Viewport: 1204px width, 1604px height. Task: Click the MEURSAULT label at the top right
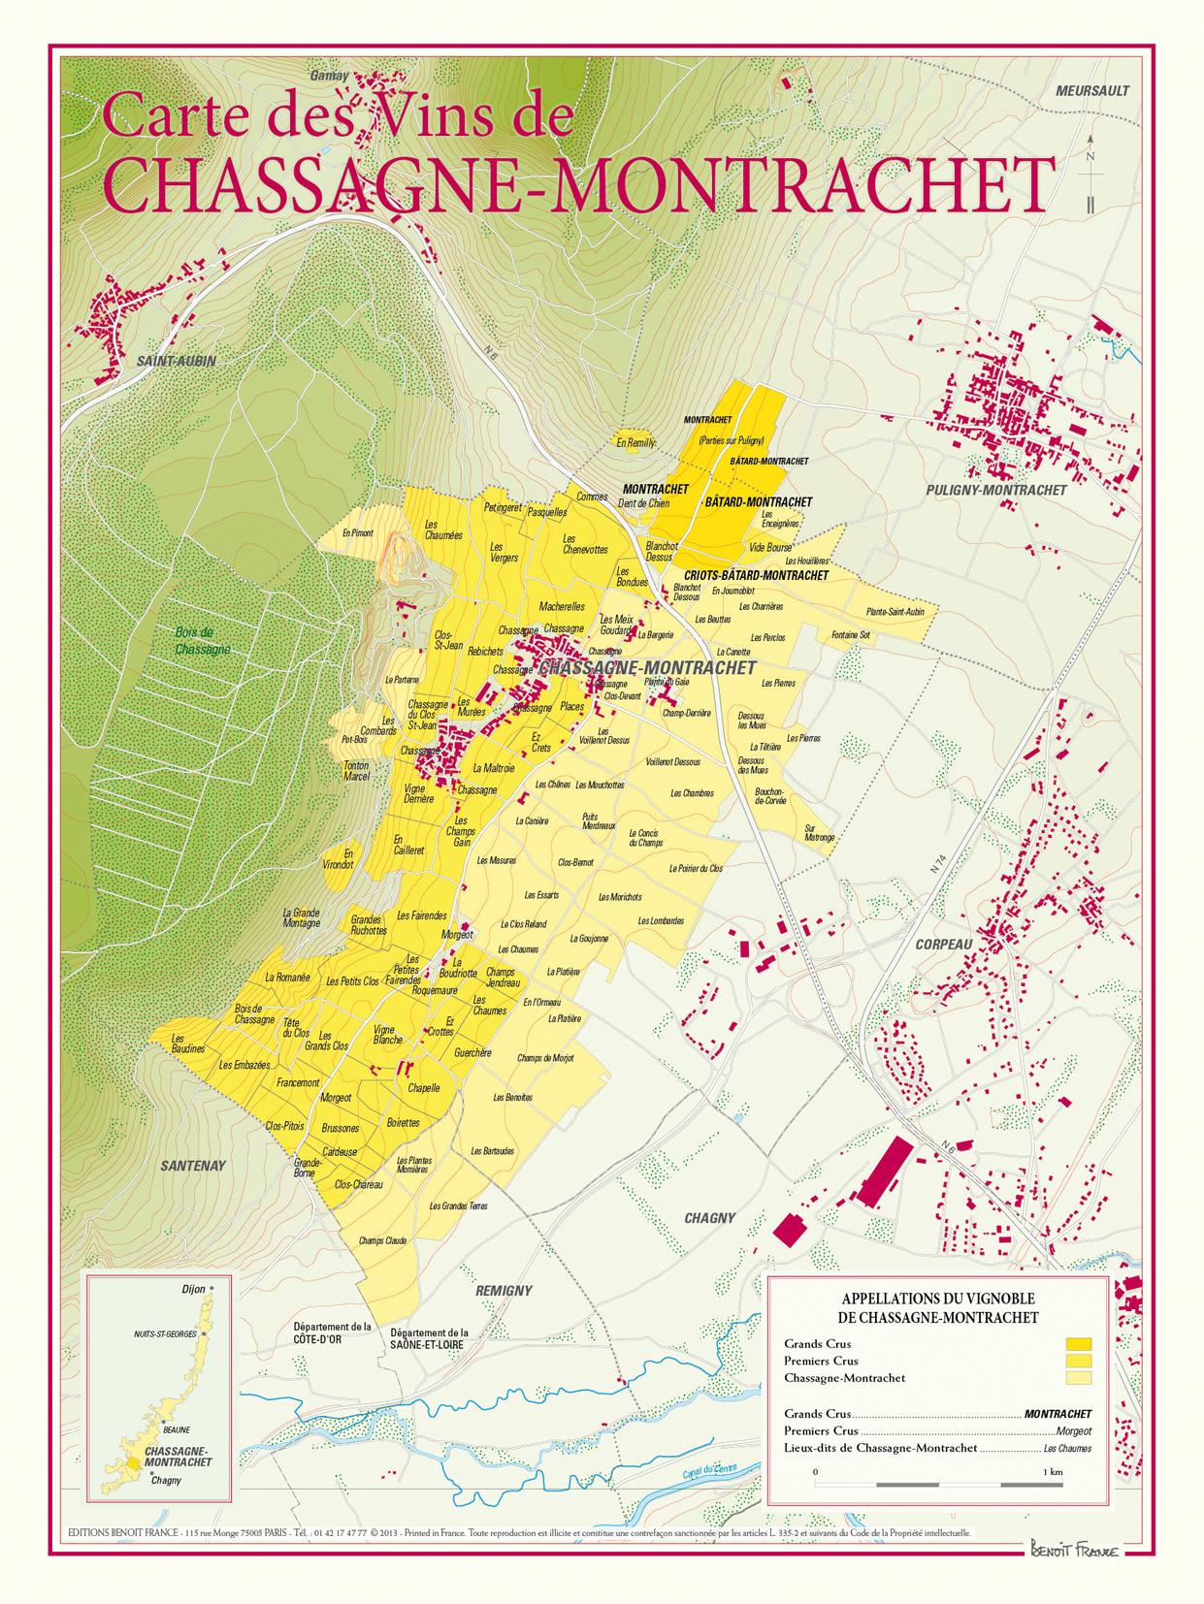[1091, 91]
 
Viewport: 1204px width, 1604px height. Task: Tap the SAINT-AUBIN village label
[176, 362]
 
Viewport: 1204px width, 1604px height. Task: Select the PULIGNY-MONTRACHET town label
[995, 491]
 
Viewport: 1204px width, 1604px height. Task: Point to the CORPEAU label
[943, 945]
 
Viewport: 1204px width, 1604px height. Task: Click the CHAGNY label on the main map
[709, 1218]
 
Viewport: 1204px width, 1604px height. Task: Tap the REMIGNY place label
[504, 1291]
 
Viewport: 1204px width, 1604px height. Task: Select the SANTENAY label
[193, 1166]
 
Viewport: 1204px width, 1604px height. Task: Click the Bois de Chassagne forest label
[202, 640]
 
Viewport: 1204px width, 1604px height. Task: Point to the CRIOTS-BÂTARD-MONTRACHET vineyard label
[756, 576]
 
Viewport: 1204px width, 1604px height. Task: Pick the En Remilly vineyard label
[635, 443]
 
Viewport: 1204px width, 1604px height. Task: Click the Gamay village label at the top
[329, 76]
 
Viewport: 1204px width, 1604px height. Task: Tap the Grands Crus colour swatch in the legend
[1079, 1344]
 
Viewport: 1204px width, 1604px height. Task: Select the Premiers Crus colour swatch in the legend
[1079, 1361]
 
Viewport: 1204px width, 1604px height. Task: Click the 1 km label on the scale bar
[1053, 1472]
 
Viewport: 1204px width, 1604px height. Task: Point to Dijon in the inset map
[193, 1290]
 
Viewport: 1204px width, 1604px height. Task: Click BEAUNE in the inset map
[177, 1429]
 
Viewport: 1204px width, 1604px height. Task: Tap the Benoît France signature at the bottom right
[1074, 1550]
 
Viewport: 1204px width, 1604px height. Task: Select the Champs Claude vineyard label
[382, 1241]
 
